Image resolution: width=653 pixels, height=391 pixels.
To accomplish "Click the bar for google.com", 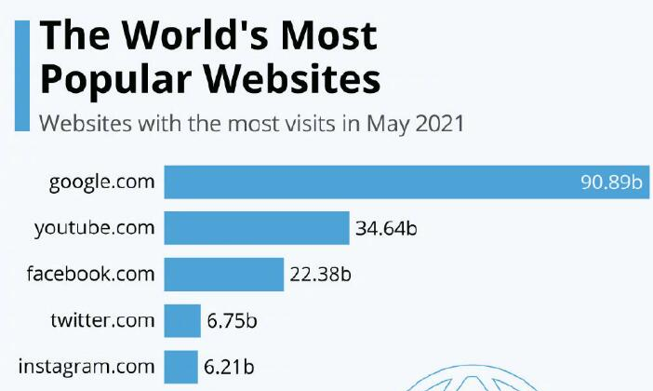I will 372,182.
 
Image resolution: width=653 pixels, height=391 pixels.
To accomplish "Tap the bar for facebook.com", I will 223,274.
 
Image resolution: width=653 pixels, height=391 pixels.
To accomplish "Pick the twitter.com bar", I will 182,321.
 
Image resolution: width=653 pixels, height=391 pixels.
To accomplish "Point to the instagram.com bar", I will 180,366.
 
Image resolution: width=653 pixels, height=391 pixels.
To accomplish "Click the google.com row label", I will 102,182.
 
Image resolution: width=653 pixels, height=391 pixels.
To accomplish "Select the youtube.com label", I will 94,227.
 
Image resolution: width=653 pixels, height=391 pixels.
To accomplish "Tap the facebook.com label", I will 90,274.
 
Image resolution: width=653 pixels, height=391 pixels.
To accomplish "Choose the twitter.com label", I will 102,321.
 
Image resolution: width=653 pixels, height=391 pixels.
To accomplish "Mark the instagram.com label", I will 87,366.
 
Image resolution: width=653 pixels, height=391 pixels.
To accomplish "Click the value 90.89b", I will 611,182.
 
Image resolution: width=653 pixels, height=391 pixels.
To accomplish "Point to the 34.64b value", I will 386,228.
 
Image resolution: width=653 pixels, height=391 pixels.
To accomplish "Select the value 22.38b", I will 320,275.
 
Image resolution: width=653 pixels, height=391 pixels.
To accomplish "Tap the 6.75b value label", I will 232,322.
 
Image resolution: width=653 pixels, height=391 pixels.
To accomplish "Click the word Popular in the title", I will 117,80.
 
